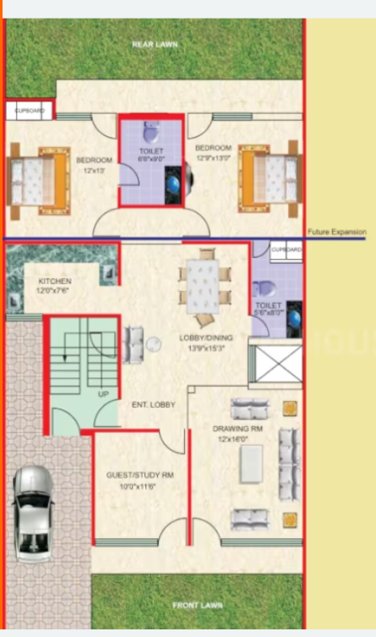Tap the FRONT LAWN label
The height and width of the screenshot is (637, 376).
[x=198, y=606]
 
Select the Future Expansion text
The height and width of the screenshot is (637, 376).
[x=336, y=231]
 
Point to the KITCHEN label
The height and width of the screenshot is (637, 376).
[x=55, y=281]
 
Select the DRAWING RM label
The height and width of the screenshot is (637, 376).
[x=239, y=428]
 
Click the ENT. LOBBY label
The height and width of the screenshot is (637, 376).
[x=153, y=405]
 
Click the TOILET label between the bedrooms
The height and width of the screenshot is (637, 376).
[x=151, y=151]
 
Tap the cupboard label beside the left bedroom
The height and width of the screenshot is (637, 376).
[x=30, y=110]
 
